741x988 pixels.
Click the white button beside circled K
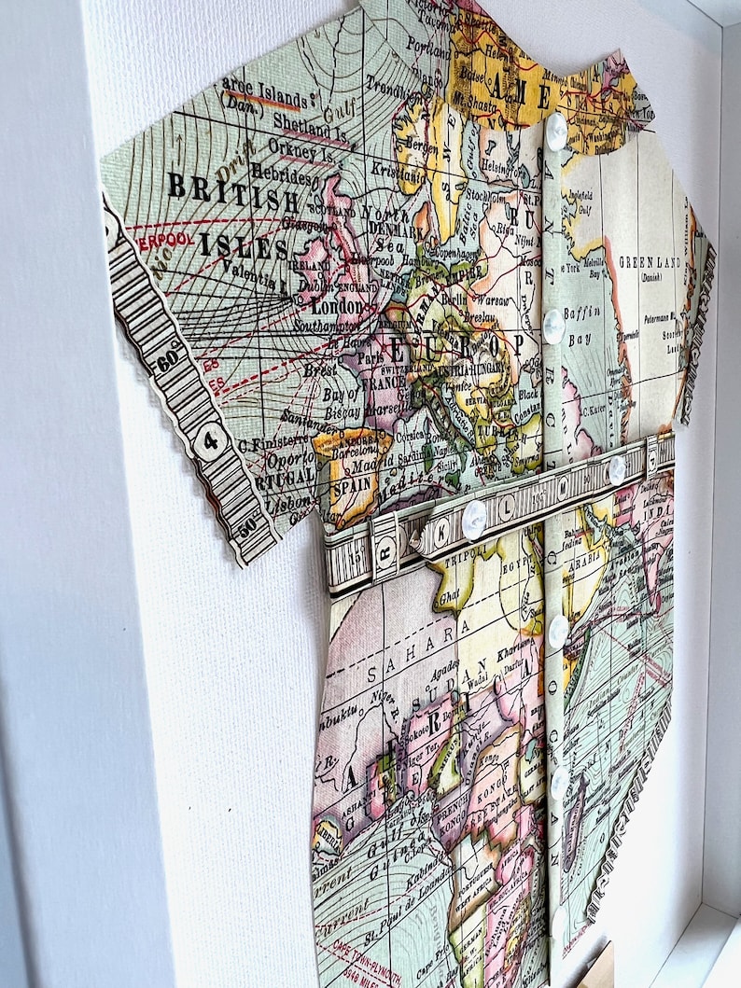(474, 519)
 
